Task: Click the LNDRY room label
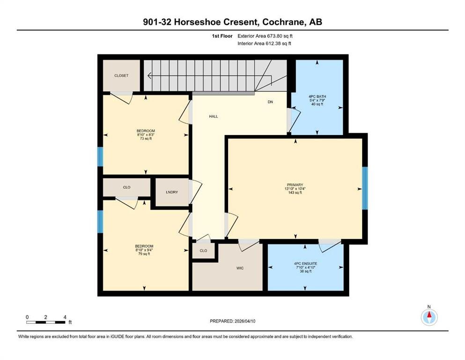(172, 192)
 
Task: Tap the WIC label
(240, 268)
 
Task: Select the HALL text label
(214, 116)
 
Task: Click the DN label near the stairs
(270, 102)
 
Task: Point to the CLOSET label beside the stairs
(122, 75)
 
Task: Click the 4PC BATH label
(317, 97)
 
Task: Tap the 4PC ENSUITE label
(305, 263)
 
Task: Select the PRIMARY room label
(295, 185)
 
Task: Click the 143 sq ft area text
(295, 192)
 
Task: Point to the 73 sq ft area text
(146, 138)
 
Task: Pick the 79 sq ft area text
(144, 254)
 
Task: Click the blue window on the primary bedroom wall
(365, 188)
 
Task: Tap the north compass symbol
(429, 317)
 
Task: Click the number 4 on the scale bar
(65, 317)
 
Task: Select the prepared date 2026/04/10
(245, 321)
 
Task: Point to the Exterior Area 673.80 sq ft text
(265, 36)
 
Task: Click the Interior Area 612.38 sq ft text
(264, 43)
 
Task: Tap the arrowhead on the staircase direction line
(149, 75)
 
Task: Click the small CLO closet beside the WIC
(203, 251)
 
